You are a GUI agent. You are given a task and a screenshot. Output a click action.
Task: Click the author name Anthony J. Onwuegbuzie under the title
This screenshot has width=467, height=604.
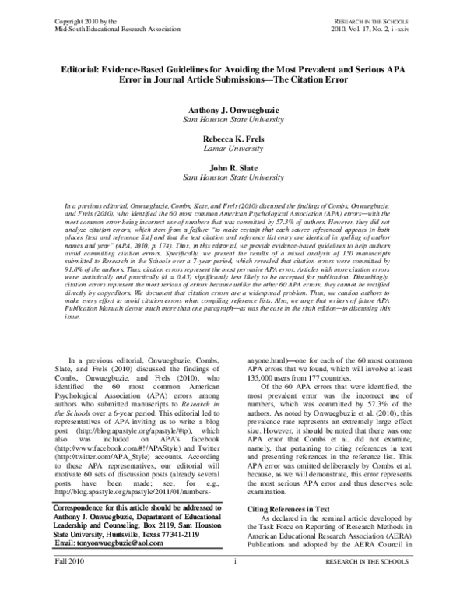click(233, 112)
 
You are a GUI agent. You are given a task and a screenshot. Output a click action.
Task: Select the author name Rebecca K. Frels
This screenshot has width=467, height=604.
click(233, 139)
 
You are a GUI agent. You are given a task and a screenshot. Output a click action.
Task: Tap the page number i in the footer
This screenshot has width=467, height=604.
click(233, 583)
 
